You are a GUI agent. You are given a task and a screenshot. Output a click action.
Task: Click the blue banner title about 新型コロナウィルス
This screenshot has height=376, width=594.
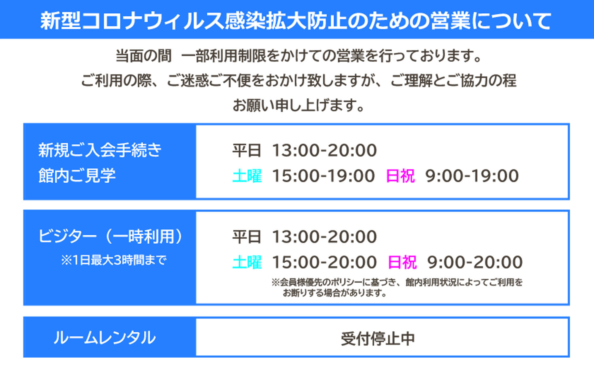pos(296,21)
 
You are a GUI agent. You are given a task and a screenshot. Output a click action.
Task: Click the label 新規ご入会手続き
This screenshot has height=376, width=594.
pos(100,150)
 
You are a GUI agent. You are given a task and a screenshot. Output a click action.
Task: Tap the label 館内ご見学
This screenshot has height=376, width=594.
pos(77,176)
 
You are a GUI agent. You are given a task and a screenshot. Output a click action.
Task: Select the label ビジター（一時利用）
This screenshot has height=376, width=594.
pos(110,236)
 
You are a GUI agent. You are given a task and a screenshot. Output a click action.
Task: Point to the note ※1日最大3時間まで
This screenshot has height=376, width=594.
pos(114,260)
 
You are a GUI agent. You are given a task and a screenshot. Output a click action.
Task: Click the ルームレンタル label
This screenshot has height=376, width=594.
pos(105,338)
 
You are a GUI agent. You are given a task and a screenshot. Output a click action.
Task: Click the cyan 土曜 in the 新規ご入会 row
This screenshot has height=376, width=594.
pos(247,176)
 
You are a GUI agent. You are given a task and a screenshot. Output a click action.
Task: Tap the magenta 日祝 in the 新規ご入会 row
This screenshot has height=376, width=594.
pos(400,176)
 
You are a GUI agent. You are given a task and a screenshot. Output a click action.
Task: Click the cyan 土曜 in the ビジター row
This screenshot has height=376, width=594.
pos(247,262)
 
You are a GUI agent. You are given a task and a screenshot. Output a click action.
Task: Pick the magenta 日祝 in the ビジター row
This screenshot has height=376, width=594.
pos(402,262)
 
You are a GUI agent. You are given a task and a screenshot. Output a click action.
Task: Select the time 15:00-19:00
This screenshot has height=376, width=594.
pos(323,176)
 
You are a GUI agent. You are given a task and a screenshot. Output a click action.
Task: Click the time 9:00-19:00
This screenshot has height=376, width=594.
pos(472,176)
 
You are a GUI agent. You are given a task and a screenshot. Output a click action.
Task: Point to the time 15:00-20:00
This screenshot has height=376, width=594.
pos(324,262)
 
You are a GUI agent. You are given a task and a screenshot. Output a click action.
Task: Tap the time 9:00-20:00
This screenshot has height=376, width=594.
pos(475,262)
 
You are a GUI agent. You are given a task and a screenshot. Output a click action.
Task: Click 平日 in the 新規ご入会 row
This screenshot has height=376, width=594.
pos(247,150)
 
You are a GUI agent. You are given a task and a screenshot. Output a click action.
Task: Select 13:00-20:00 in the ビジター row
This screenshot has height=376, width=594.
pos(324,237)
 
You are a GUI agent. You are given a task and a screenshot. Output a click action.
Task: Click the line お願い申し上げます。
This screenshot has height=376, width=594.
pos(298,105)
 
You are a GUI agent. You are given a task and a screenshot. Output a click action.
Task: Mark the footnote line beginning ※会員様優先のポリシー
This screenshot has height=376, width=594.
pos(397,282)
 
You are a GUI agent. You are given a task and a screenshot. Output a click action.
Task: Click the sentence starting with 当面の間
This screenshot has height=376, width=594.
pos(298,56)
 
